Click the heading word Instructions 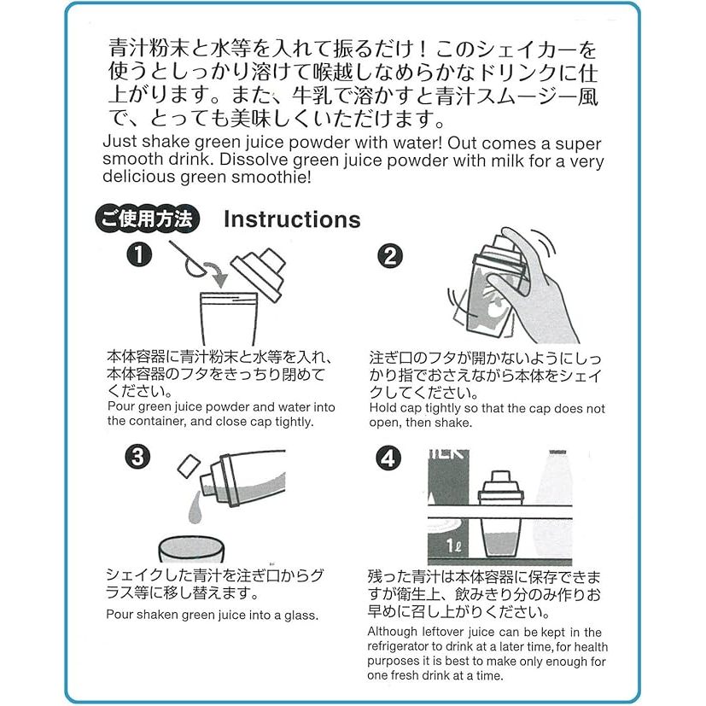[292, 219]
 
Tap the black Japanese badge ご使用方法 [147, 219]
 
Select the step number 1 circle [138, 255]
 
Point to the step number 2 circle [390, 256]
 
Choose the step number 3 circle [137, 457]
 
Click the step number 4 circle [388, 458]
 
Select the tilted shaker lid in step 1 [259, 273]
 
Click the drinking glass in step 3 [191, 548]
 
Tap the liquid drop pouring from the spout [194, 507]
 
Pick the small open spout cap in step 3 [189, 466]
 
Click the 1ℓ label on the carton [453, 546]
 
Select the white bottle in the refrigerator [553, 504]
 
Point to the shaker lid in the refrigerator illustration [499, 487]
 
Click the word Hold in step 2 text [382, 408]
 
